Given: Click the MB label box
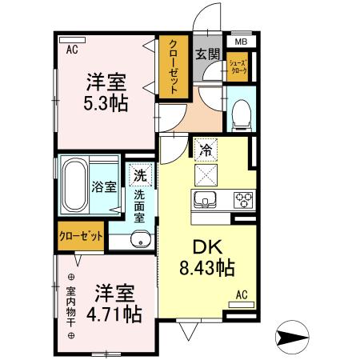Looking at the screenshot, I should (x=241, y=42).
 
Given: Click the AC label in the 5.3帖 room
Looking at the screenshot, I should (x=71, y=50).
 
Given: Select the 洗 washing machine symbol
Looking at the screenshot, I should (x=139, y=174).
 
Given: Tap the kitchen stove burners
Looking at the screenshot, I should (x=242, y=199).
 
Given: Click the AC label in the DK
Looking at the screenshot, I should (x=242, y=294).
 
